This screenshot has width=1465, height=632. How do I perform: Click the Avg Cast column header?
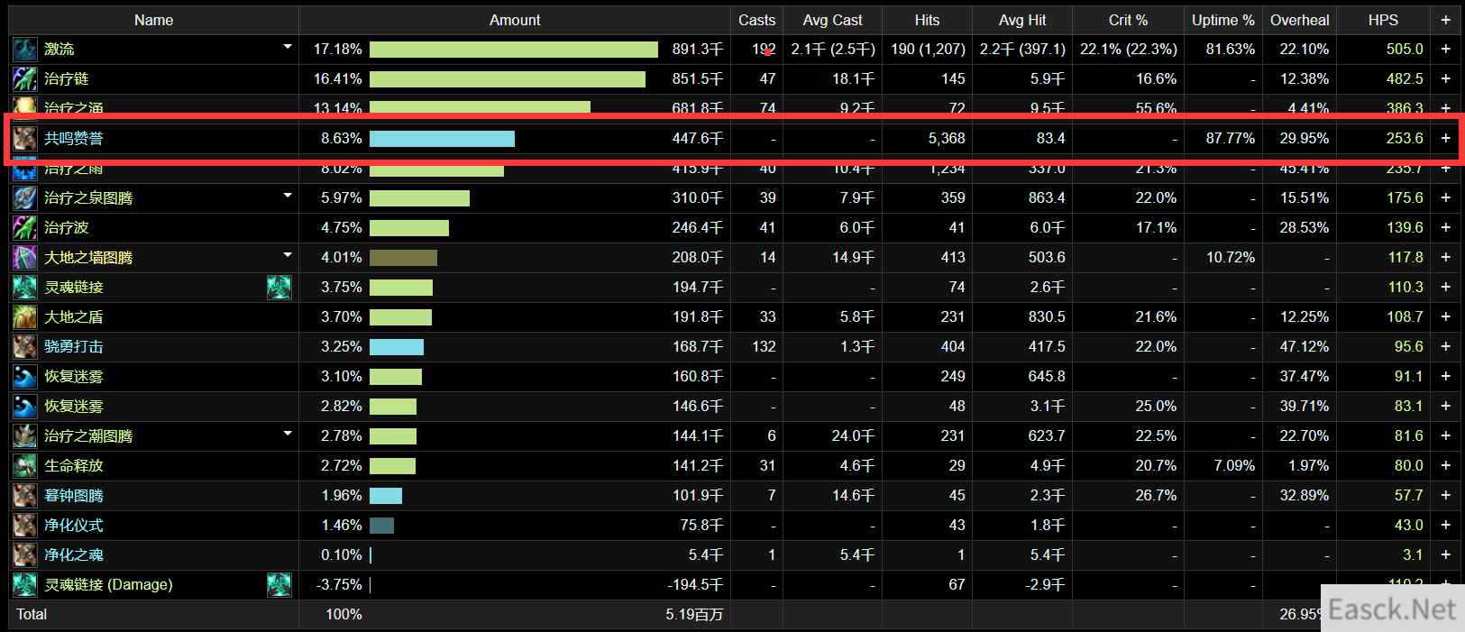click(832, 20)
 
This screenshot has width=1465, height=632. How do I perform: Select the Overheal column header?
click(1299, 20)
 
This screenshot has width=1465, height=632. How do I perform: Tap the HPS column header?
click(1383, 20)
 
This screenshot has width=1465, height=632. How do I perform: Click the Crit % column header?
click(1128, 20)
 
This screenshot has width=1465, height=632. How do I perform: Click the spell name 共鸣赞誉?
click(74, 138)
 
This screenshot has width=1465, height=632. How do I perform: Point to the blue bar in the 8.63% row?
click(442, 138)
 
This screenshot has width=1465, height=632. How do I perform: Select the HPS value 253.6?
click(1405, 138)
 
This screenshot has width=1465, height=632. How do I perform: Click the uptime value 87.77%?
click(1230, 138)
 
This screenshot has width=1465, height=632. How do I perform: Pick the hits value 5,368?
click(946, 138)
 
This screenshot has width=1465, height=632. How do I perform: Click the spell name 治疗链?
click(67, 78)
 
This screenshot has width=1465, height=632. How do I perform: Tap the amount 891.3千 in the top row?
click(697, 49)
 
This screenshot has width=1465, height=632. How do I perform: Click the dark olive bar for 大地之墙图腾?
click(403, 257)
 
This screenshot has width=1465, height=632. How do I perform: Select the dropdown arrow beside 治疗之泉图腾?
click(288, 195)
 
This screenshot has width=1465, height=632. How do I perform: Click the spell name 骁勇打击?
click(74, 346)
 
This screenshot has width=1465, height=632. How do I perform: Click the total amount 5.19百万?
click(694, 614)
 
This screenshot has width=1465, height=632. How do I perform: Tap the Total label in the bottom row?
click(32, 614)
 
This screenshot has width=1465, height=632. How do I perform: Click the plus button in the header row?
click(1445, 20)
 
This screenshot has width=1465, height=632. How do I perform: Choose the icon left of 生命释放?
click(24, 465)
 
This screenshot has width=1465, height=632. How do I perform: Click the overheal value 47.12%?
click(1304, 346)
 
